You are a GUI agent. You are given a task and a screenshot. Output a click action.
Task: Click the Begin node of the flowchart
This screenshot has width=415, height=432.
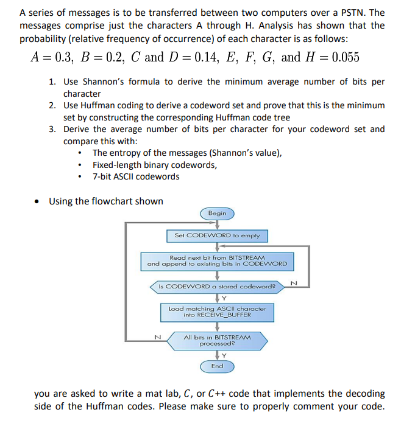tap(217, 213)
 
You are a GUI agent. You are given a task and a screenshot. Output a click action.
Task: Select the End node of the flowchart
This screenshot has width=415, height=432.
tap(217, 366)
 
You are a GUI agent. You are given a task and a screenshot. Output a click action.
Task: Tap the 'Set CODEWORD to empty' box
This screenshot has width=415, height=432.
tap(217, 235)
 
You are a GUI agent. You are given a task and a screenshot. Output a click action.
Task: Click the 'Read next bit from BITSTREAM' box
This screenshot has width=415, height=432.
tap(217, 261)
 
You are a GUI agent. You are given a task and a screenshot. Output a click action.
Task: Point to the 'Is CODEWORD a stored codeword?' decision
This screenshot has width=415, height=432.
tap(217, 285)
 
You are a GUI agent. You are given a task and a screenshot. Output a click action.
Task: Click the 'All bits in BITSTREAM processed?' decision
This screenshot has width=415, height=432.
tap(217, 340)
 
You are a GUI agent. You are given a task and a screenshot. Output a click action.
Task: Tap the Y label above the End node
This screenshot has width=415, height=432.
tap(222, 355)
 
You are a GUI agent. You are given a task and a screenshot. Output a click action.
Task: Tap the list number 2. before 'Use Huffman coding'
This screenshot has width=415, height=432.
tap(53, 105)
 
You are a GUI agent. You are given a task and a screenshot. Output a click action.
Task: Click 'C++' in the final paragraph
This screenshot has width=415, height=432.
tap(236, 394)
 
